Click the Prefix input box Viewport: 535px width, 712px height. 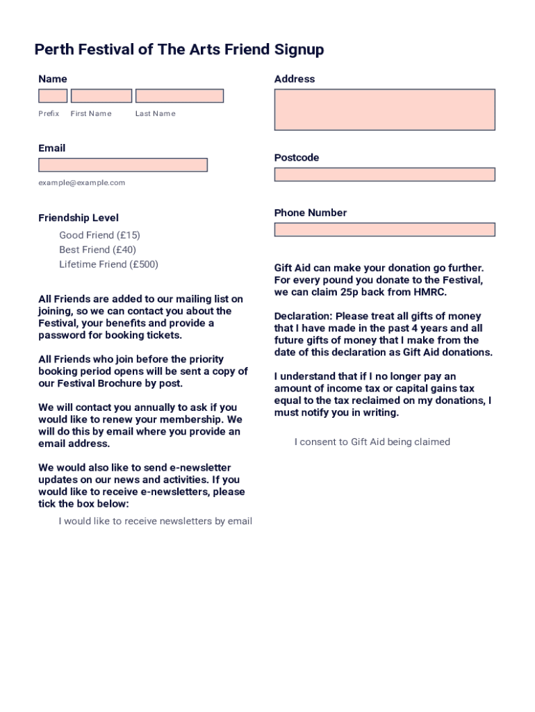pos(53,96)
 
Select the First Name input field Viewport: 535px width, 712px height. pos(101,96)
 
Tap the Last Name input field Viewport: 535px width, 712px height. pos(179,96)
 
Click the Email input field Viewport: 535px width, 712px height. pos(123,165)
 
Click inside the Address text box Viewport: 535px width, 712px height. pos(384,109)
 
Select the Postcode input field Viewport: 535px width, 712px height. pos(384,175)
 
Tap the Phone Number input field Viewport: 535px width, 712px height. pos(384,229)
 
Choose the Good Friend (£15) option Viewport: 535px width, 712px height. pos(99,235)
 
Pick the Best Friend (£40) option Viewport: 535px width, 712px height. pos(97,250)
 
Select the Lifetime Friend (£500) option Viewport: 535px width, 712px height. pos(108,264)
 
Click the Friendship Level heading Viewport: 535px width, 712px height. pos(79,218)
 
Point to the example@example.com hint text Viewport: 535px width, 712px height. pos(82,183)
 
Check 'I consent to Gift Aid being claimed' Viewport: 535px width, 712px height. pos(372,442)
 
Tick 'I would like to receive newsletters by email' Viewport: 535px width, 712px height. pos(155,521)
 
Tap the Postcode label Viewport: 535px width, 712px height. pos(297,158)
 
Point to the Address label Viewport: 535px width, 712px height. pos(295,79)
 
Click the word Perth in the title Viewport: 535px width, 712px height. pos(53,50)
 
